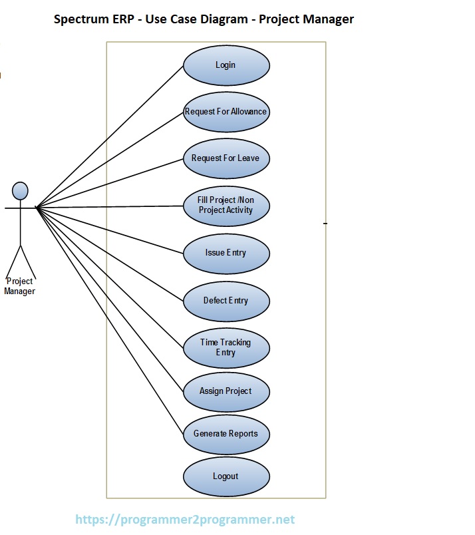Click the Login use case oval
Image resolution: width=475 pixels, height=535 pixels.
[226, 65]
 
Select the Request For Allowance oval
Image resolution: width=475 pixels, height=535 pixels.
[226, 112]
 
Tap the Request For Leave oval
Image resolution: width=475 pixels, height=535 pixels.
[226, 158]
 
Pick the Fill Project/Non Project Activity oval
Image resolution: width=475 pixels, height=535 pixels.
[226, 206]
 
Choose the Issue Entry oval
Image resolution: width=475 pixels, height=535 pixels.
[226, 253]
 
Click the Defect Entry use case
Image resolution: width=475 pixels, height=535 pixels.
[226, 301]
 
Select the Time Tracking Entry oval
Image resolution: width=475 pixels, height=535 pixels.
[226, 347]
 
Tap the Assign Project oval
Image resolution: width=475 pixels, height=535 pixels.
[226, 391]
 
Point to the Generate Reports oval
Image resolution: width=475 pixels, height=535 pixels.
[226, 434]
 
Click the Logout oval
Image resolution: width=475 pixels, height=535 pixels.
[226, 476]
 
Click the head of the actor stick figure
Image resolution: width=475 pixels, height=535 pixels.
[21, 191]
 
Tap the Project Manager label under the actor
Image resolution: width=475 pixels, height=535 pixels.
[20, 286]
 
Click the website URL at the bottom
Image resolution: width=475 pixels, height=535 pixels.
[185, 520]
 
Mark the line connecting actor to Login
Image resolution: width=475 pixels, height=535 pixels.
[110, 136]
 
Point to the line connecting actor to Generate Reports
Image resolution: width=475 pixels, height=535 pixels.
[110, 321]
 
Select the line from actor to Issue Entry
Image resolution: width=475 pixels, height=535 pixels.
[110, 230]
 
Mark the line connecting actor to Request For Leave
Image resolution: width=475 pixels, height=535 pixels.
[110, 183]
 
